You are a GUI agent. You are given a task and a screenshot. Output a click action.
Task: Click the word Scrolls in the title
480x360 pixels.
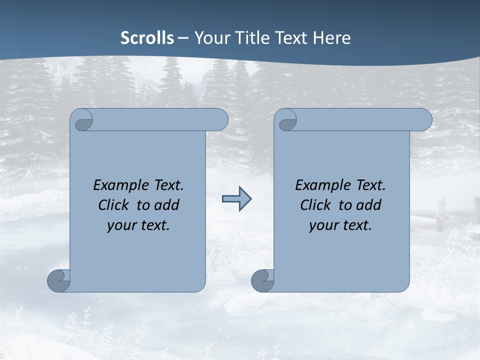(147, 38)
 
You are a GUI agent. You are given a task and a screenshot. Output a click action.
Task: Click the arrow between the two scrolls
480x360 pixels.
(236, 199)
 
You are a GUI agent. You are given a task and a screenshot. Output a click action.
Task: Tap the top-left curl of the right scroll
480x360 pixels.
(287, 120)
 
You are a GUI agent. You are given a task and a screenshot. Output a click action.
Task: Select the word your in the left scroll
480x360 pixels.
(120, 225)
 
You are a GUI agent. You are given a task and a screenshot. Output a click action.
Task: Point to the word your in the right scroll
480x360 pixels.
(322, 225)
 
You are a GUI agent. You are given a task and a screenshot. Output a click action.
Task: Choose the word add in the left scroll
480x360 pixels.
(167, 205)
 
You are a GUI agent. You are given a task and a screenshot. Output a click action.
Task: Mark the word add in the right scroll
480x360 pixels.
(369, 205)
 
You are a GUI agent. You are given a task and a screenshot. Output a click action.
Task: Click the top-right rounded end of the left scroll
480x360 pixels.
(220, 120)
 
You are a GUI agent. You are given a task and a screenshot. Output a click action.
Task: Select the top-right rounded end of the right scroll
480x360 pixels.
(423, 120)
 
